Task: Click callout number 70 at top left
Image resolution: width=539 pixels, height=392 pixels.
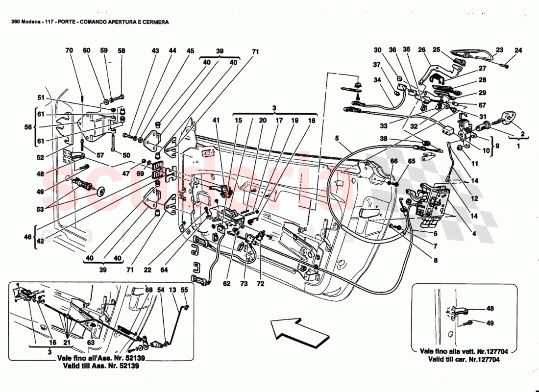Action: tap(69, 50)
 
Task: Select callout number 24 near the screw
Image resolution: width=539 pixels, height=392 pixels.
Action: tap(518, 50)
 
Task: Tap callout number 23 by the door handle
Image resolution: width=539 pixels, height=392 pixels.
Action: tap(499, 50)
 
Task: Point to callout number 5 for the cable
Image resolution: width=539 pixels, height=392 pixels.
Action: tap(337, 138)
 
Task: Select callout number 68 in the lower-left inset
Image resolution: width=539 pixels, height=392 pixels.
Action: tap(149, 290)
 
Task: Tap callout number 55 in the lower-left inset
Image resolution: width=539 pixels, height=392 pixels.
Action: tap(184, 290)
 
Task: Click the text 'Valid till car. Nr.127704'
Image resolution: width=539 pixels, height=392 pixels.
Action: tap(463, 359)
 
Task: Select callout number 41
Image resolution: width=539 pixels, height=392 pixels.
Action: tap(216, 121)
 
